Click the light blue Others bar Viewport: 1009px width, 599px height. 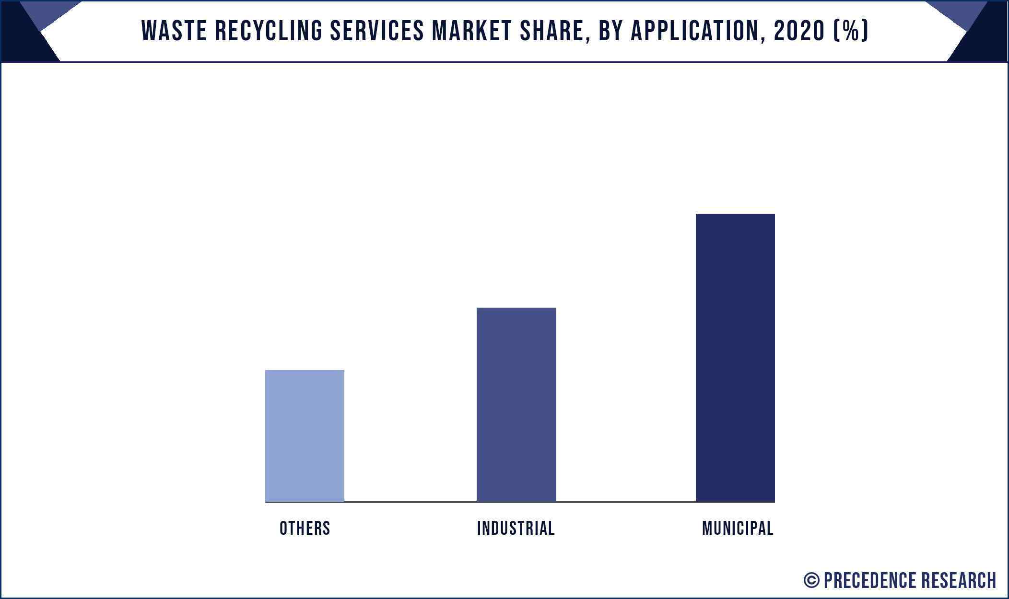point(305,436)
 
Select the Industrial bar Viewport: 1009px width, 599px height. point(516,404)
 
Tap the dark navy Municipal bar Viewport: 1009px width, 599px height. point(735,357)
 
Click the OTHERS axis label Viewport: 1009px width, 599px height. point(305,528)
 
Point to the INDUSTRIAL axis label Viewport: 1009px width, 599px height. point(516,528)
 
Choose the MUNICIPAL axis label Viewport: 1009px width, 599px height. point(738,528)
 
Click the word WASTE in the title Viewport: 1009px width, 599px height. point(174,31)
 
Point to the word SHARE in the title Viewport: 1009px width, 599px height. point(555,31)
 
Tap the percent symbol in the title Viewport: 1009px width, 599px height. point(851,31)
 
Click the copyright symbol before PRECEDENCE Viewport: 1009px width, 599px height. point(811,580)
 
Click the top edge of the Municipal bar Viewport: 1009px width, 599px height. point(735,214)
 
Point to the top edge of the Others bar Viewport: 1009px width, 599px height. point(305,370)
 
